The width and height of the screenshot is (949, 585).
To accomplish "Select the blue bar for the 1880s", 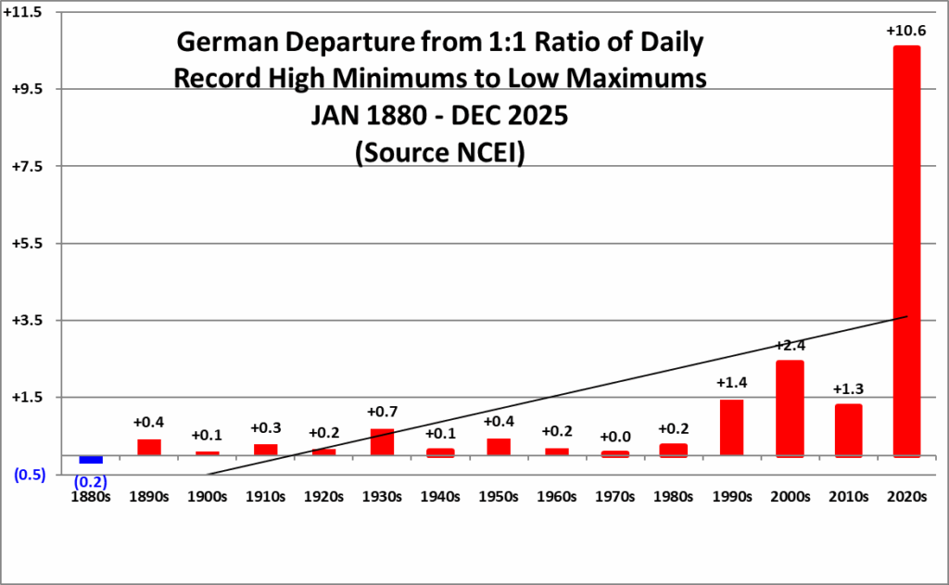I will click(x=91, y=459).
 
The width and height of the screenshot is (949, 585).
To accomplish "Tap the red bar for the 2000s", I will click(x=790, y=408).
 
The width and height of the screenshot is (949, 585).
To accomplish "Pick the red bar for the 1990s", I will click(x=731, y=427).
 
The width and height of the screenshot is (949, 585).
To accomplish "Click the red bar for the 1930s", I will click(x=382, y=441).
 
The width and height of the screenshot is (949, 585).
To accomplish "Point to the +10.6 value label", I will click(x=905, y=32).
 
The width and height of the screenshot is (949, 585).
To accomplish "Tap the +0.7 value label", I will click(x=382, y=412).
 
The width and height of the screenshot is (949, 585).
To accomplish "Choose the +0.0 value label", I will click(x=615, y=437).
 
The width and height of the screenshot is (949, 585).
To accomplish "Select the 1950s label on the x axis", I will click(x=499, y=496).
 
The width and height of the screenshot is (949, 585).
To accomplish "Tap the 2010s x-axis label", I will click(x=848, y=496).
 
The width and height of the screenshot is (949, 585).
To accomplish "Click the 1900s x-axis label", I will click(x=208, y=496).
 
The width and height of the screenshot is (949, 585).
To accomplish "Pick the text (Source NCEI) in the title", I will click(x=440, y=153).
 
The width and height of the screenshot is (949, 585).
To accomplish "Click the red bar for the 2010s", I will click(x=848, y=430).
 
